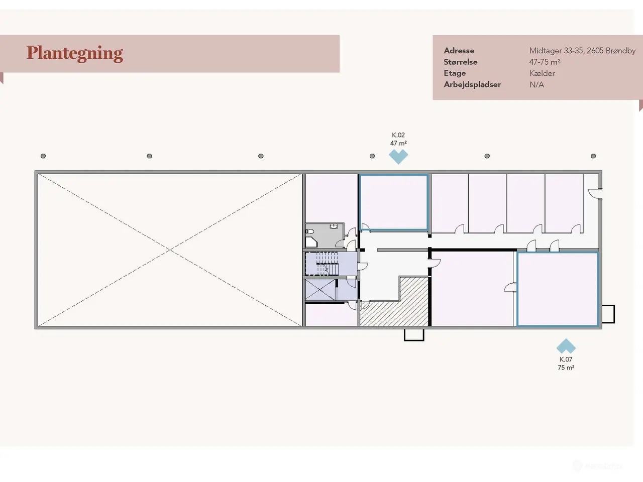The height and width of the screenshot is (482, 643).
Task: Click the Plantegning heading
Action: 75,54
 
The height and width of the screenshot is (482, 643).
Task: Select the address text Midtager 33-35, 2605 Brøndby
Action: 582,51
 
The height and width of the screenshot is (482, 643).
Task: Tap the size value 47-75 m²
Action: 545,62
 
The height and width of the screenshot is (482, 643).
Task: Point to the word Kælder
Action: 542,73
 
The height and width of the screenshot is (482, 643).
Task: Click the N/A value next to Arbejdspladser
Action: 537,84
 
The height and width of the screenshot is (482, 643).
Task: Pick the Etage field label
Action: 455,73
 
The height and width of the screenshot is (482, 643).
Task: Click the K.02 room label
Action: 398,135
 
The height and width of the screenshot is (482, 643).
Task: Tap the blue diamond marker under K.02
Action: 398,157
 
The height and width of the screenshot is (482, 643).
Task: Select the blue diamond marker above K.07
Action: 566,346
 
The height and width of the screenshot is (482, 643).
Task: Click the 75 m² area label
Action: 566,368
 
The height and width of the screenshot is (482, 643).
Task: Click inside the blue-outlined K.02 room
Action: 394,202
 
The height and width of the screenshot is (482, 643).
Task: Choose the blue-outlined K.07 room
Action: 558,289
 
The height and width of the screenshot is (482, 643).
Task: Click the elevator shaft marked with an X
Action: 320,289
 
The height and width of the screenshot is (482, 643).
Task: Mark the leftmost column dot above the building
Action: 43,156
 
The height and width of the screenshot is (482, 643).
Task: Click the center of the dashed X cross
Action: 170,250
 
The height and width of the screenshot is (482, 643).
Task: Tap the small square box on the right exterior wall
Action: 608,314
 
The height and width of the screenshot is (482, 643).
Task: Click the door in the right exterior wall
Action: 595,193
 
